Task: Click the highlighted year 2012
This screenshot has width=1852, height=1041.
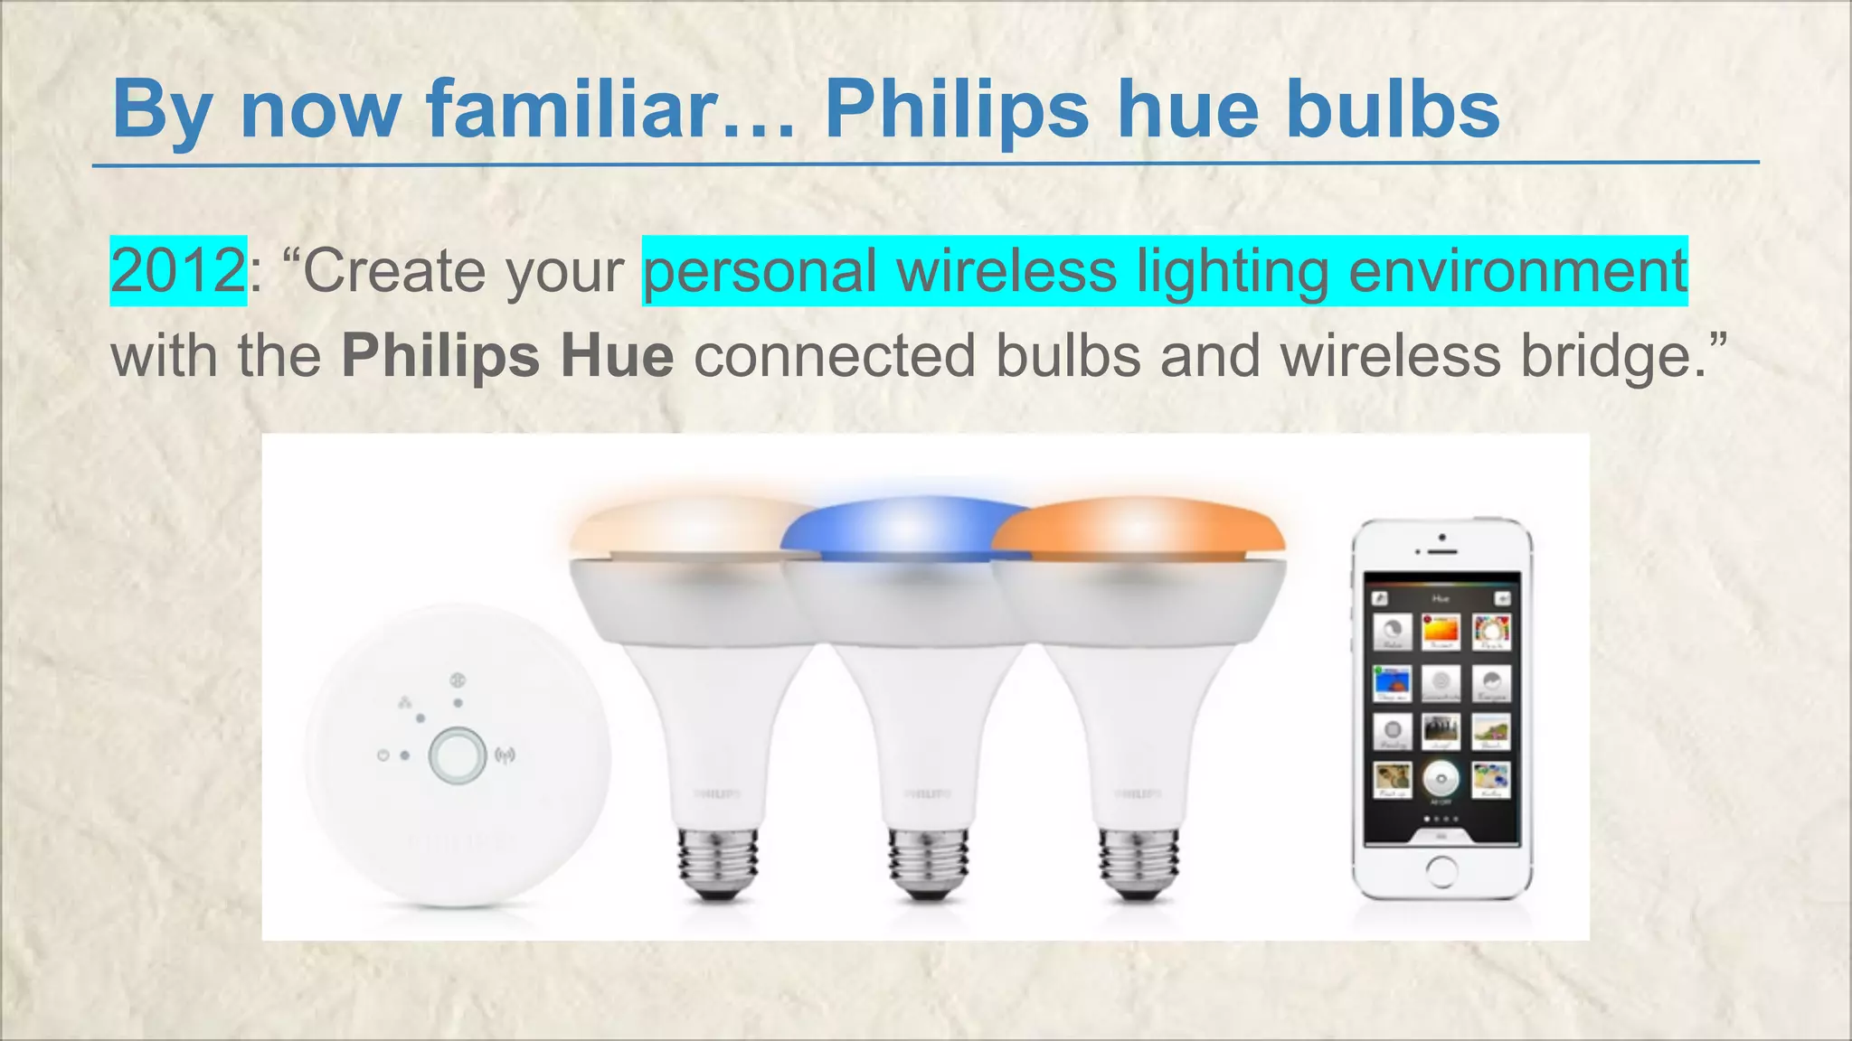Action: pos(177,270)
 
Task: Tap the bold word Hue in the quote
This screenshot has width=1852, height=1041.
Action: pos(617,355)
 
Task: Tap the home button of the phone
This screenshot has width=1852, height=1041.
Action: pos(1441,871)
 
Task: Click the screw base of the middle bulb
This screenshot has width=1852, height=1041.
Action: pos(928,862)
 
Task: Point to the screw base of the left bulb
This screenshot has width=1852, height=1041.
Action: pos(718,862)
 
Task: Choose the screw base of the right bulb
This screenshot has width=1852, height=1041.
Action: pos(1138,862)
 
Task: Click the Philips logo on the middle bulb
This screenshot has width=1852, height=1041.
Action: pos(928,794)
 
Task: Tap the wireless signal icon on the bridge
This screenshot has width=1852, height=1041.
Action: pos(505,755)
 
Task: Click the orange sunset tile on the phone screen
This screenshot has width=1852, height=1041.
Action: pos(1441,630)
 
